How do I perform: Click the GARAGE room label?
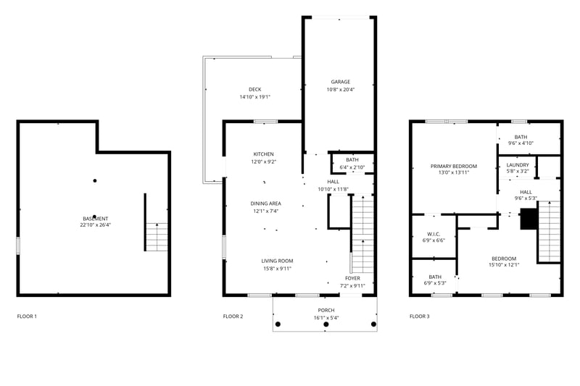coord(340,82)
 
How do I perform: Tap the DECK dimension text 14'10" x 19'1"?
coord(255,97)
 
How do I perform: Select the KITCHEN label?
coord(264,154)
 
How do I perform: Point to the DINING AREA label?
coord(265,204)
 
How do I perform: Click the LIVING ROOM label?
coord(277,261)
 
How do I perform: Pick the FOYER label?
coord(352,278)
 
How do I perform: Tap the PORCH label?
coord(326,310)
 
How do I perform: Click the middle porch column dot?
coord(326,324)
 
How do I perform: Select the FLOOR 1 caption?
coord(27,316)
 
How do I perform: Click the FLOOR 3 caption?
coord(420,316)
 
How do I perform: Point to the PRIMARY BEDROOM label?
coord(454,167)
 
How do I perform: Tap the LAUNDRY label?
coord(518,164)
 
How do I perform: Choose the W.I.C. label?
coord(434,234)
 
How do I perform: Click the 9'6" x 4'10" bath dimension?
coord(521,143)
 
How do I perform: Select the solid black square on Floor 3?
coord(529,219)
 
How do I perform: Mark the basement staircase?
coord(157,237)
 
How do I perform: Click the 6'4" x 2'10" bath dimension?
coord(352,167)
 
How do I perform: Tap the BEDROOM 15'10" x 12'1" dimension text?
coord(504,265)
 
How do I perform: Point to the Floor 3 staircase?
coord(550,232)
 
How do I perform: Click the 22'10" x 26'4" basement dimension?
coord(96,225)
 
